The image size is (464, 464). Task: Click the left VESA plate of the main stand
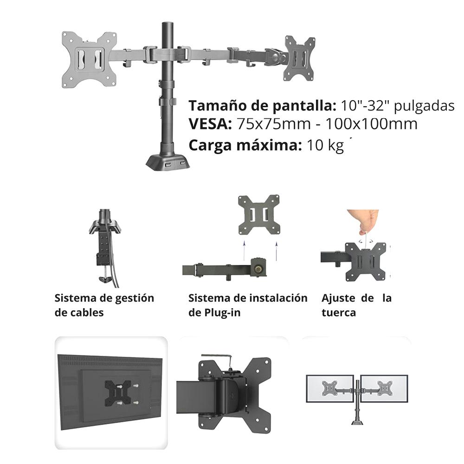[x=89, y=59]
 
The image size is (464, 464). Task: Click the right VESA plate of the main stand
[x=299, y=58]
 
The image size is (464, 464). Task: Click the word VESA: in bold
[x=210, y=124]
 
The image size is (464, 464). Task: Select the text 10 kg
[x=325, y=145]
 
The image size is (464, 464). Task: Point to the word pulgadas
[x=424, y=106]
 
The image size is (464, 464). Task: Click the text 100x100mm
[x=371, y=124]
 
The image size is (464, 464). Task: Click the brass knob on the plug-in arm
[x=259, y=269]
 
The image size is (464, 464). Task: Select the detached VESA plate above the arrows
[x=259, y=214]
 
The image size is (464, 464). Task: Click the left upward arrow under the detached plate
[x=244, y=251]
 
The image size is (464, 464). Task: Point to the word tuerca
[x=339, y=313]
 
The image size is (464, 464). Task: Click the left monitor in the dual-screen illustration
[x=329, y=388]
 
